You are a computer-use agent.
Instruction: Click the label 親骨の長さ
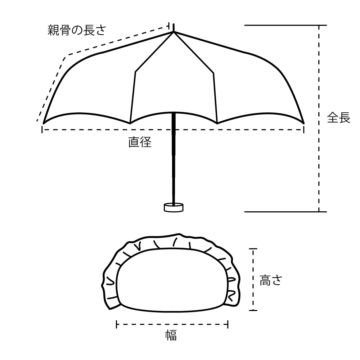click(x=77, y=30)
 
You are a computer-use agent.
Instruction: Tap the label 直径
click(x=140, y=142)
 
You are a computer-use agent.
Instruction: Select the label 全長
click(x=339, y=118)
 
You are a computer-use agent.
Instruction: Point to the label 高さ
click(x=271, y=280)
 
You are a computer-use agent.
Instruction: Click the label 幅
click(x=171, y=336)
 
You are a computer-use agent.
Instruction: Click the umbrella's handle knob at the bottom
click(x=174, y=207)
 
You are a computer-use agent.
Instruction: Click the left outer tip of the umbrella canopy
click(x=44, y=123)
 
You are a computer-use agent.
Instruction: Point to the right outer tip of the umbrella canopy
click(x=304, y=123)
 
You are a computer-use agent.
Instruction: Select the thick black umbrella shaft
click(x=174, y=158)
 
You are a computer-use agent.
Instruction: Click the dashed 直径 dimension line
click(x=173, y=130)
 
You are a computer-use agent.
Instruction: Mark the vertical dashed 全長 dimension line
click(x=319, y=118)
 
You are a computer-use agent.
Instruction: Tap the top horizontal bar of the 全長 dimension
click(x=285, y=25)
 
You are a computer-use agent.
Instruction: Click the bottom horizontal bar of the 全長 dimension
click(x=285, y=212)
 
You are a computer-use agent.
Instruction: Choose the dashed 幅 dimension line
click(x=172, y=324)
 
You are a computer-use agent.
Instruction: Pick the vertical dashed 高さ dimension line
click(x=253, y=279)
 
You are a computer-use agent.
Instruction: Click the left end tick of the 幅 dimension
click(x=117, y=324)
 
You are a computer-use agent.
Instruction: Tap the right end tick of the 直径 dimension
click(x=304, y=130)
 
